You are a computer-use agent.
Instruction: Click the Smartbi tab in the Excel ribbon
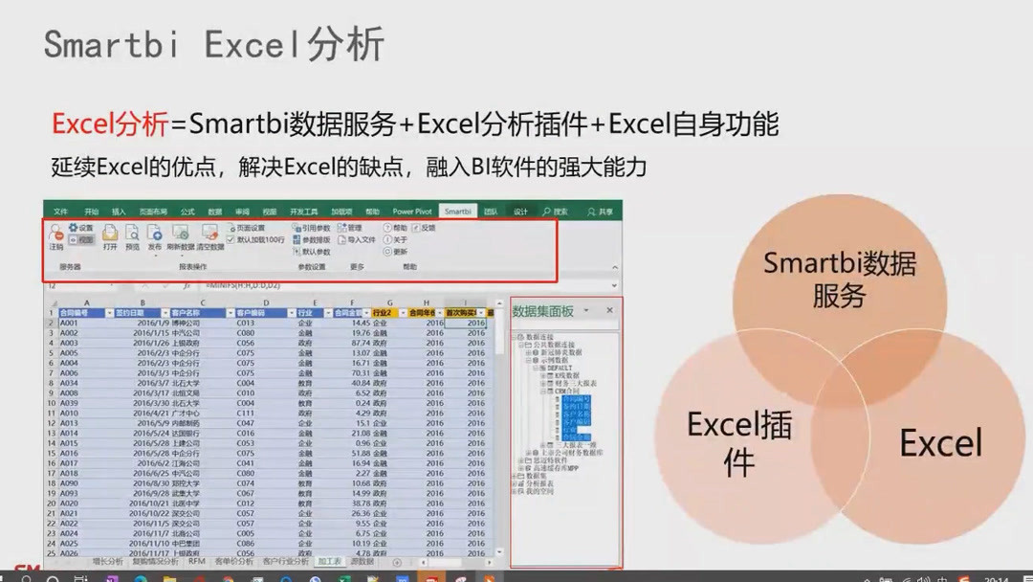pyautogui.click(x=457, y=211)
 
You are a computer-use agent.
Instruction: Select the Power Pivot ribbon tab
pyautogui.click(x=412, y=211)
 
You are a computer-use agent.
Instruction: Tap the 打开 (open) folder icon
pyautogui.click(x=110, y=234)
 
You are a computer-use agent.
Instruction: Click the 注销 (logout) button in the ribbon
pyautogui.click(x=56, y=235)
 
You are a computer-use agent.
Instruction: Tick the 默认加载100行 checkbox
pyautogui.click(x=231, y=240)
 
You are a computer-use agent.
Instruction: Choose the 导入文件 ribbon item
pyautogui.click(x=356, y=240)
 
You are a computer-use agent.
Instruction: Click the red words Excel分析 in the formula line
pyautogui.click(x=109, y=123)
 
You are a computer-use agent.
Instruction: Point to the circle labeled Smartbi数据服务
pyautogui.click(x=839, y=279)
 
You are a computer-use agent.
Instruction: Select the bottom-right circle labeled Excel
pyautogui.click(x=940, y=443)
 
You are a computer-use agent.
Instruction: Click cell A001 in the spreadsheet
pyautogui.click(x=69, y=324)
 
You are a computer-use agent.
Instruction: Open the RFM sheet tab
pyautogui.click(x=196, y=562)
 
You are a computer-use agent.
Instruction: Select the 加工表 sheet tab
pyautogui.click(x=328, y=562)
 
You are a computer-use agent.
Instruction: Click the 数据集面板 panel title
pyautogui.click(x=543, y=311)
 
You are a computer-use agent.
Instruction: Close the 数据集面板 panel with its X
pyautogui.click(x=610, y=311)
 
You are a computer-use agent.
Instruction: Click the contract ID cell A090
pyautogui.click(x=69, y=483)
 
